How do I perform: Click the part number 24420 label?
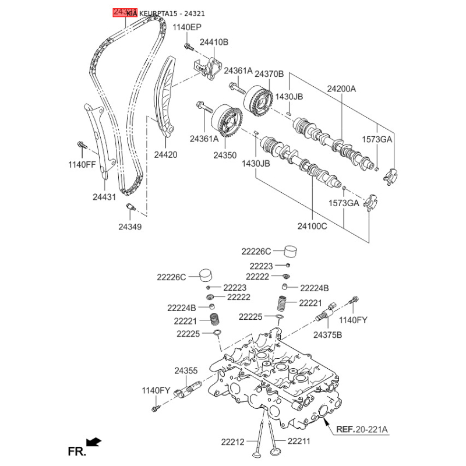point(165,155)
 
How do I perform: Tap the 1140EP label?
point(187,27)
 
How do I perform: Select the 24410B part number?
point(214,42)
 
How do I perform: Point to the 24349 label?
point(129,226)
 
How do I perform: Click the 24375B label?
point(327,335)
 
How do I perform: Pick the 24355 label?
point(186,370)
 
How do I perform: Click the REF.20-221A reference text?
point(362,430)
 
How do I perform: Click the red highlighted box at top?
point(125,12)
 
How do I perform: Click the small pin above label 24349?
point(130,207)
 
